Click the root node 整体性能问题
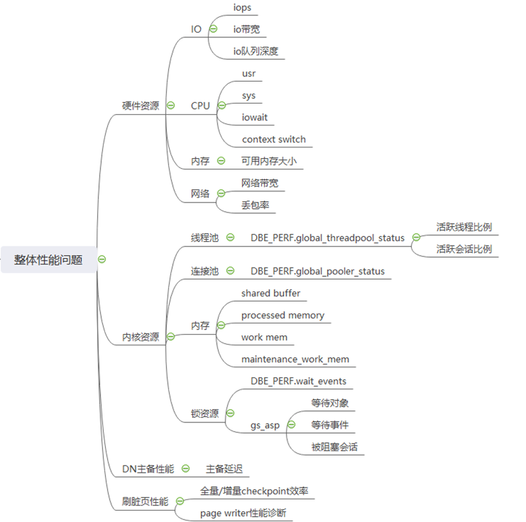(x=48, y=260)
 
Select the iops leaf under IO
(x=243, y=7)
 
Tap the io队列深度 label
(x=255, y=51)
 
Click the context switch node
(x=274, y=139)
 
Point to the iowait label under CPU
(x=255, y=118)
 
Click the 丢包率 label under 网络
(x=254, y=205)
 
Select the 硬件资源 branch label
(x=140, y=106)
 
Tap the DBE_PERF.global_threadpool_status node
(x=327, y=238)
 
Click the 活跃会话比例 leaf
(x=464, y=249)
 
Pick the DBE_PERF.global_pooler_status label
(x=317, y=271)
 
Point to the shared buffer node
(x=271, y=294)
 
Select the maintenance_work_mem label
(x=295, y=359)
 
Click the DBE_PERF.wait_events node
(x=298, y=381)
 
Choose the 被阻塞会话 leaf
(x=334, y=447)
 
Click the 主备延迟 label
(x=224, y=469)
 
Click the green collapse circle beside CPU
(x=221, y=106)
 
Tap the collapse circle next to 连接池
(x=230, y=271)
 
